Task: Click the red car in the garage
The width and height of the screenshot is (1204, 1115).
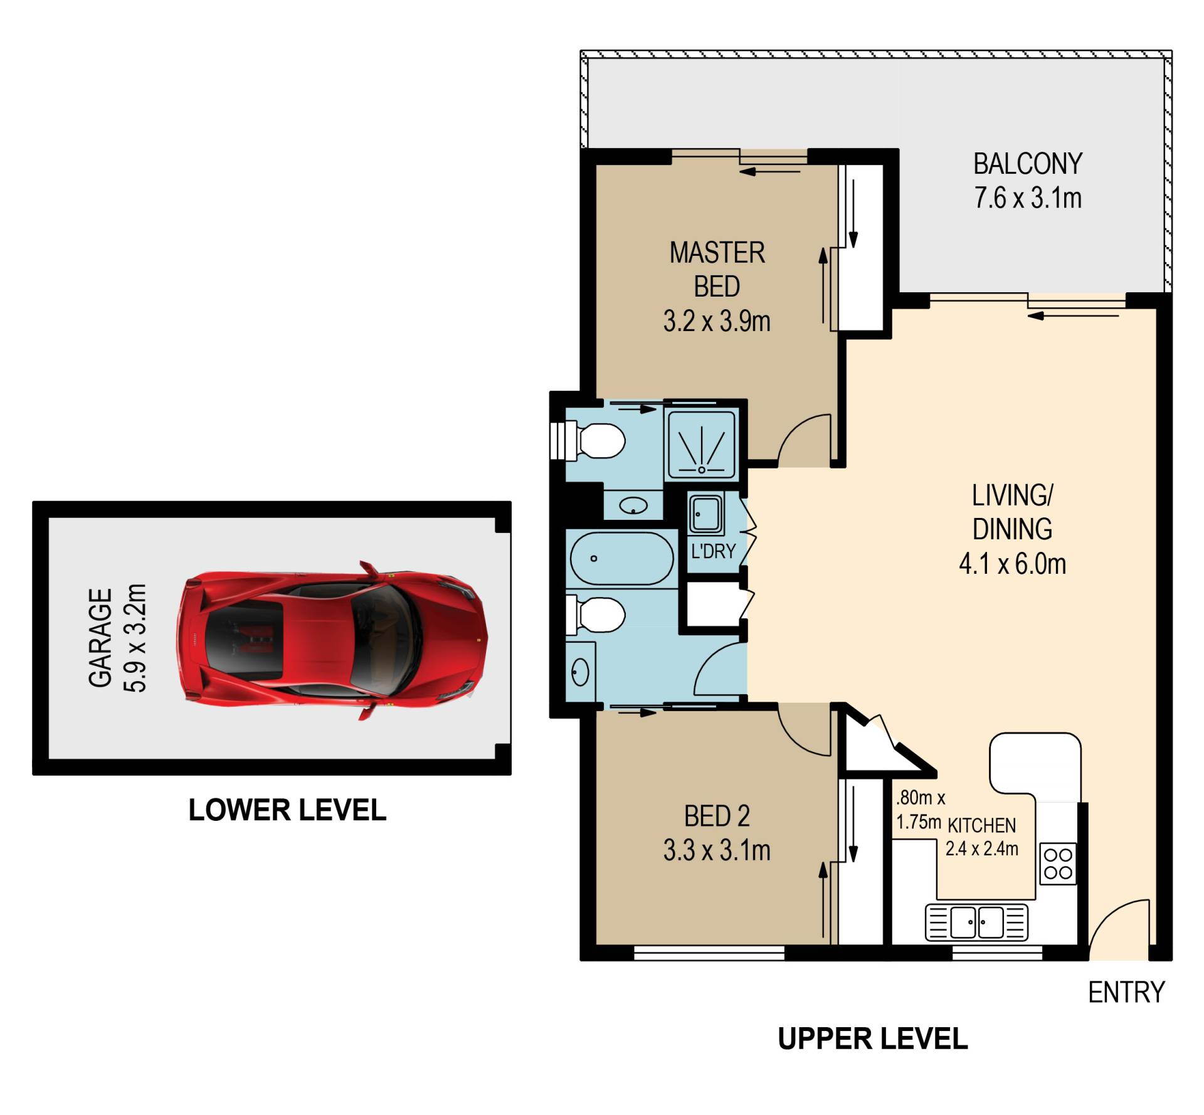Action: [x=332, y=640]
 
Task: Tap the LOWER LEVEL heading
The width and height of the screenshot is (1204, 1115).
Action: [x=287, y=810]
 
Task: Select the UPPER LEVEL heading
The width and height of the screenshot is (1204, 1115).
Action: [x=872, y=1039]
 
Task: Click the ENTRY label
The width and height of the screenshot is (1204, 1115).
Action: [x=1126, y=993]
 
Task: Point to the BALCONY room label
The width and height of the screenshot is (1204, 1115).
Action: [x=1028, y=164]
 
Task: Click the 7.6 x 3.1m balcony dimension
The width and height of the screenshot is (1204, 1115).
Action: [x=1028, y=198]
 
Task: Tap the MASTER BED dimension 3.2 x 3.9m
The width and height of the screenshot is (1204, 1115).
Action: [x=717, y=321]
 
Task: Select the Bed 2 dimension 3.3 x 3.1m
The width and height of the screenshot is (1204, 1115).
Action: [x=717, y=850]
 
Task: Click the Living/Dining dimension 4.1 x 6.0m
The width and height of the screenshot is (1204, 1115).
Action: [x=1012, y=564]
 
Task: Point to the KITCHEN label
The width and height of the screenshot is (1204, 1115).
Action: [x=981, y=825]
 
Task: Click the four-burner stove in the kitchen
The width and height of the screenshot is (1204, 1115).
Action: [x=1058, y=864]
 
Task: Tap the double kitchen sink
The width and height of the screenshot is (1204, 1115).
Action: [x=976, y=922]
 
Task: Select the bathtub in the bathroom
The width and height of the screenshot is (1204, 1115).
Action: [x=621, y=559]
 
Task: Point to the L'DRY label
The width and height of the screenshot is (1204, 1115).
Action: [x=713, y=551]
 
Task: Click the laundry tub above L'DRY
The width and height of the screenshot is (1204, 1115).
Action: [x=706, y=514]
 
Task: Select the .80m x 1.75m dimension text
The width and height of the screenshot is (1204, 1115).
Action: [x=919, y=810]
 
